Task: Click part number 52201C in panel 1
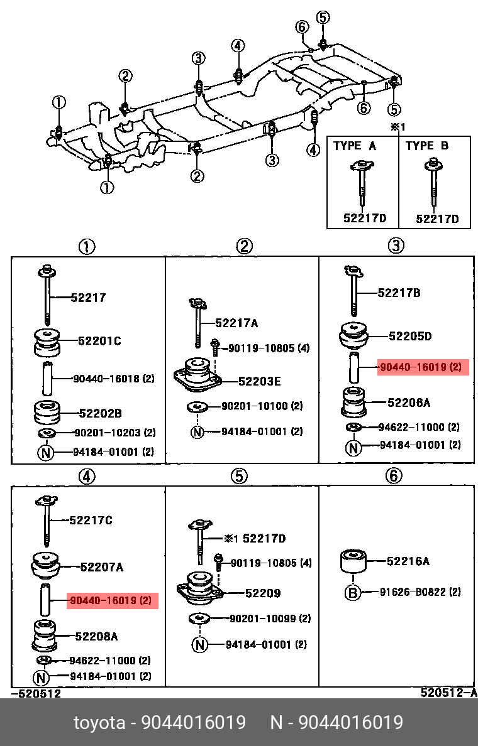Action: [x=99, y=341]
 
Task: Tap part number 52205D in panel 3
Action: [x=410, y=336]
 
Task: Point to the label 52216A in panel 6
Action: [x=408, y=561]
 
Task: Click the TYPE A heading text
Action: [x=355, y=146]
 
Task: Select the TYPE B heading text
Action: [x=427, y=146]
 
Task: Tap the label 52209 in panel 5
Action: [x=262, y=593]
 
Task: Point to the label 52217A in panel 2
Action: [x=236, y=323]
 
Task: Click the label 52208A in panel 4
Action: [x=96, y=636]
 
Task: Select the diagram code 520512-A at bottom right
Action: [x=448, y=693]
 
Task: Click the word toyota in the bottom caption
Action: [x=99, y=722]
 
